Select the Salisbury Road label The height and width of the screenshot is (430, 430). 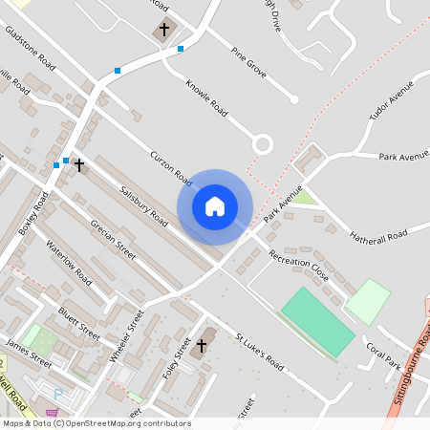point(143,204)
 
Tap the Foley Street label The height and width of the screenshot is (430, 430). point(172,360)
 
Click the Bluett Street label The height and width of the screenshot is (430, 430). point(78,322)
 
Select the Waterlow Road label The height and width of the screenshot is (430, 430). point(69,262)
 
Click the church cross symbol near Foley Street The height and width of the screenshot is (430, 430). point(202,345)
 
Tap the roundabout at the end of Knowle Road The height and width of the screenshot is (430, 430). point(262,144)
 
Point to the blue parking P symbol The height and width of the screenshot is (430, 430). point(57,393)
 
